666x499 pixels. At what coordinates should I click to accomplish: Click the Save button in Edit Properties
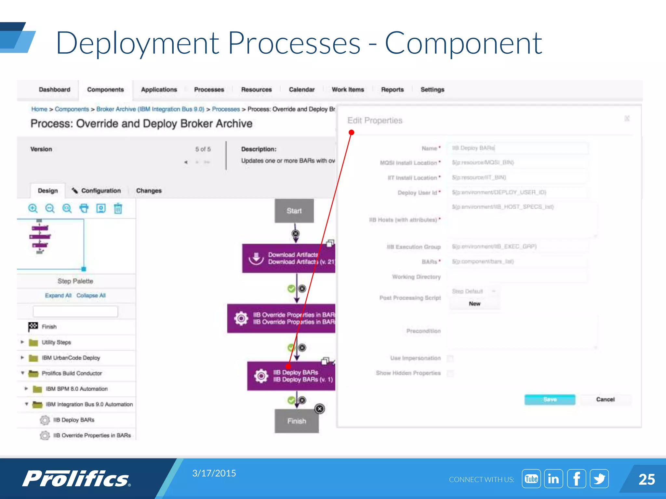[x=550, y=399]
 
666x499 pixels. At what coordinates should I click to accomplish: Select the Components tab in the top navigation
[x=105, y=90]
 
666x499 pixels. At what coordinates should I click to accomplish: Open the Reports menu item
[x=392, y=90]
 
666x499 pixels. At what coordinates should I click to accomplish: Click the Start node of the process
[x=294, y=211]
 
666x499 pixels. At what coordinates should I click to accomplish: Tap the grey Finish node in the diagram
[x=296, y=421]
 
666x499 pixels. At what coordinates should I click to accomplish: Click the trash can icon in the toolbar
[x=118, y=208]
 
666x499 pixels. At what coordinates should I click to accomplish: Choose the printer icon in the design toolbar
[x=84, y=208]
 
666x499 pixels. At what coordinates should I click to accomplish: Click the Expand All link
[x=58, y=295]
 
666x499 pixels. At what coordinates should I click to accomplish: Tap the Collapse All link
[x=91, y=295]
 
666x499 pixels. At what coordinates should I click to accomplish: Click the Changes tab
[x=149, y=191]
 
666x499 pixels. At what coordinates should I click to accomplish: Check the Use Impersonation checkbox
[x=450, y=358]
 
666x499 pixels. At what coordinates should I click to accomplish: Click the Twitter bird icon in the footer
[x=599, y=479]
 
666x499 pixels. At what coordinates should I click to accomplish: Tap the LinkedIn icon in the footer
[x=553, y=479]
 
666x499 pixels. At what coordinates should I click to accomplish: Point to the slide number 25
[x=646, y=480]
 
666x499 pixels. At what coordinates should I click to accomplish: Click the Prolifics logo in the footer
[x=76, y=479]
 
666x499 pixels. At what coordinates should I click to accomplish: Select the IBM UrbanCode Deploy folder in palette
[x=71, y=358]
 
